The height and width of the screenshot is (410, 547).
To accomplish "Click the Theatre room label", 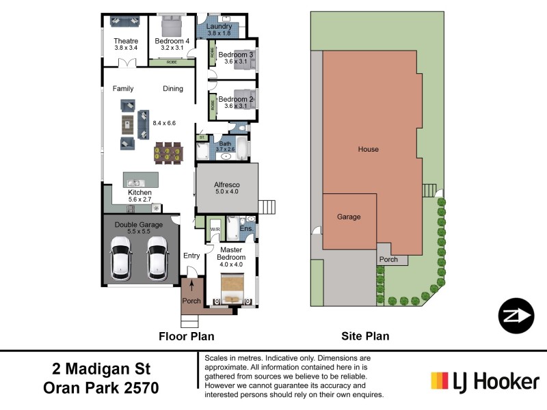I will [126, 41].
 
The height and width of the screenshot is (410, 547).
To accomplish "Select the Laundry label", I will [219, 27].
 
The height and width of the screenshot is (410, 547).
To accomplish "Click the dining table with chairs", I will [169, 152].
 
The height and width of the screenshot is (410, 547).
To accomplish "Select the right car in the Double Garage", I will [158, 257].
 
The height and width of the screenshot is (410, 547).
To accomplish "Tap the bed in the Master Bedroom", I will [231, 288].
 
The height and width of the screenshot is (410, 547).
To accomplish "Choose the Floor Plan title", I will [186, 336].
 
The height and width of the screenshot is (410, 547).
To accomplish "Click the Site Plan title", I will [365, 336].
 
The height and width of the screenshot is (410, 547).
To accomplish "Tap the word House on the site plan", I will [368, 149].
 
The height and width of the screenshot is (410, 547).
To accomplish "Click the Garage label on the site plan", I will [349, 217].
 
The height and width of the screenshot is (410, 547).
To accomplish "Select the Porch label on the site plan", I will [388, 260].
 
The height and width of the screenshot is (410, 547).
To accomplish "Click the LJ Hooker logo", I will [485, 380].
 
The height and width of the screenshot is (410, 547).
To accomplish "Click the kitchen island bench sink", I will [134, 182].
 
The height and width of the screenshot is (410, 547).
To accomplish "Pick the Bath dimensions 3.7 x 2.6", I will [226, 149].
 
